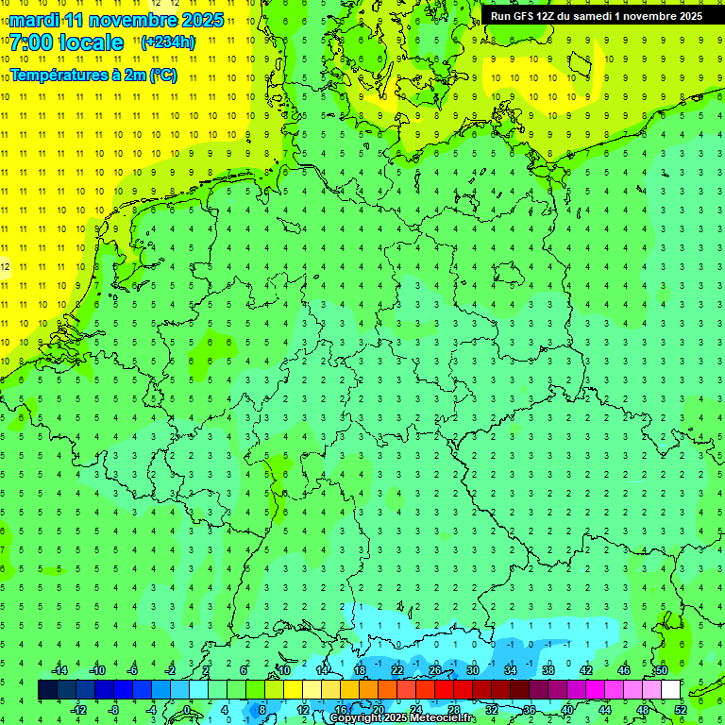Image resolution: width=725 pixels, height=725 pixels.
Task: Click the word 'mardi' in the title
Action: (x=34, y=20)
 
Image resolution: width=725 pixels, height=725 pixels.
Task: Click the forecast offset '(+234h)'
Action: (x=168, y=42)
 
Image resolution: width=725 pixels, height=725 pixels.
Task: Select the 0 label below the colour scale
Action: (x=187, y=710)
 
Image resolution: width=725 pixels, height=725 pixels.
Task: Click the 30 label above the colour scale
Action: (x=472, y=670)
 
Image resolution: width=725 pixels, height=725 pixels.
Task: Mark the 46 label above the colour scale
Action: (x=623, y=670)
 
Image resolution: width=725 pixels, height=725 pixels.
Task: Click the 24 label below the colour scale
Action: (x=415, y=710)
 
